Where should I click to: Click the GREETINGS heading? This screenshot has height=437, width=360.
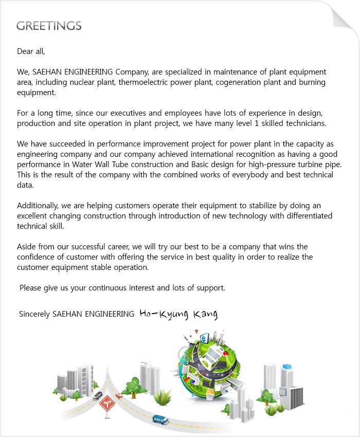click(x=49, y=26)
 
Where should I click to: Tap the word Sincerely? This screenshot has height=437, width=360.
click(x=34, y=314)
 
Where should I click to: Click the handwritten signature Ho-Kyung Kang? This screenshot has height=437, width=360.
click(x=178, y=314)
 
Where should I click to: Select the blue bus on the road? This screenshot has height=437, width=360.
click(x=161, y=420)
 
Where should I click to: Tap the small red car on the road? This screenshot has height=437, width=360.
click(x=119, y=396)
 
